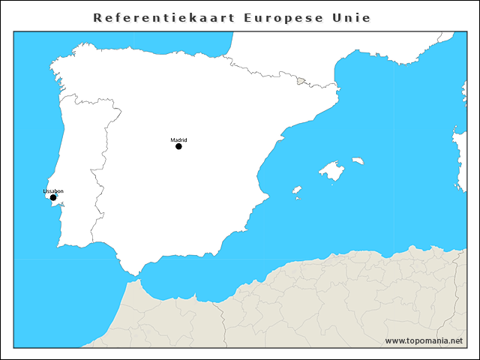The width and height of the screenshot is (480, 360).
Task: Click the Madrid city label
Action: (x=178, y=139)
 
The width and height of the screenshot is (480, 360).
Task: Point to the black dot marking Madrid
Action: (x=178, y=146)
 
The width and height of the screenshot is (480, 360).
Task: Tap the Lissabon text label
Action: (x=53, y=191)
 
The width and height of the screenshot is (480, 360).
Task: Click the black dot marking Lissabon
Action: (x=53, y=198)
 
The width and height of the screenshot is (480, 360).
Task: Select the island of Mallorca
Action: (x=331, y=172)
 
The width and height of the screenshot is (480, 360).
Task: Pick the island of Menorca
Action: (x=358, y=160)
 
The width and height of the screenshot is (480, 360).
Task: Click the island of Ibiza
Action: (x=296, y=190)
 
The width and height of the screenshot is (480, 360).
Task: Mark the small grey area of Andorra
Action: (x=301, y=81)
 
